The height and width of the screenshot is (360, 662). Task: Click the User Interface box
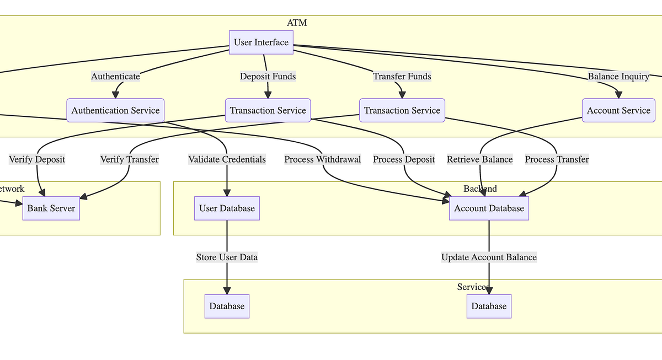click(x=261, y=42)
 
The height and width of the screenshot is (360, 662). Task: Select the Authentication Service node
click(x=115, y=110)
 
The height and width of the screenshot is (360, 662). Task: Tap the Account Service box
click(x=618, y=110)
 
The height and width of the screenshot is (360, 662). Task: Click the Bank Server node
click(x=51, y=208)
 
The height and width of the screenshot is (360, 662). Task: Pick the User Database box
click(x=227, y=208)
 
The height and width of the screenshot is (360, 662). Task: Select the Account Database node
click(x=489, y=208)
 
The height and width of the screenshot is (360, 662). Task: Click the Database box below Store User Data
click(x=227, y=306)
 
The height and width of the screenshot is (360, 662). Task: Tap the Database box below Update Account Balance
click(x=489, y=306)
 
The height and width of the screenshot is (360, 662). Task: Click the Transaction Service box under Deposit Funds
click(x=268, y=110)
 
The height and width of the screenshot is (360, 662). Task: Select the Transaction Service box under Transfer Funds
click(x=402, y=110)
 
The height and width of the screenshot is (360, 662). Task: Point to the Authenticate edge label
click(x=115, y=77)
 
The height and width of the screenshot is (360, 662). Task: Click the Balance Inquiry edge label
click(x=618, y=77)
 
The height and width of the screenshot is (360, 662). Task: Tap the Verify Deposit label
click(x=37, y=159)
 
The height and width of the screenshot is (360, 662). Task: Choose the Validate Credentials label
click(x=227, y=159)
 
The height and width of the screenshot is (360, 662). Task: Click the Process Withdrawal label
click(x=323, y=159)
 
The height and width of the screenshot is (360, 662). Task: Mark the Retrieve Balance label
click(x=480, y=159)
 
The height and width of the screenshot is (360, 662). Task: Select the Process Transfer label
click(x=557, y=159)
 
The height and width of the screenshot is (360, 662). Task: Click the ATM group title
click(x=297, y=23)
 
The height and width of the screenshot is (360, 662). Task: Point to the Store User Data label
click(x=227, y=257)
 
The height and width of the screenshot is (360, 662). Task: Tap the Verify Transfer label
click(x=129, y=159)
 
